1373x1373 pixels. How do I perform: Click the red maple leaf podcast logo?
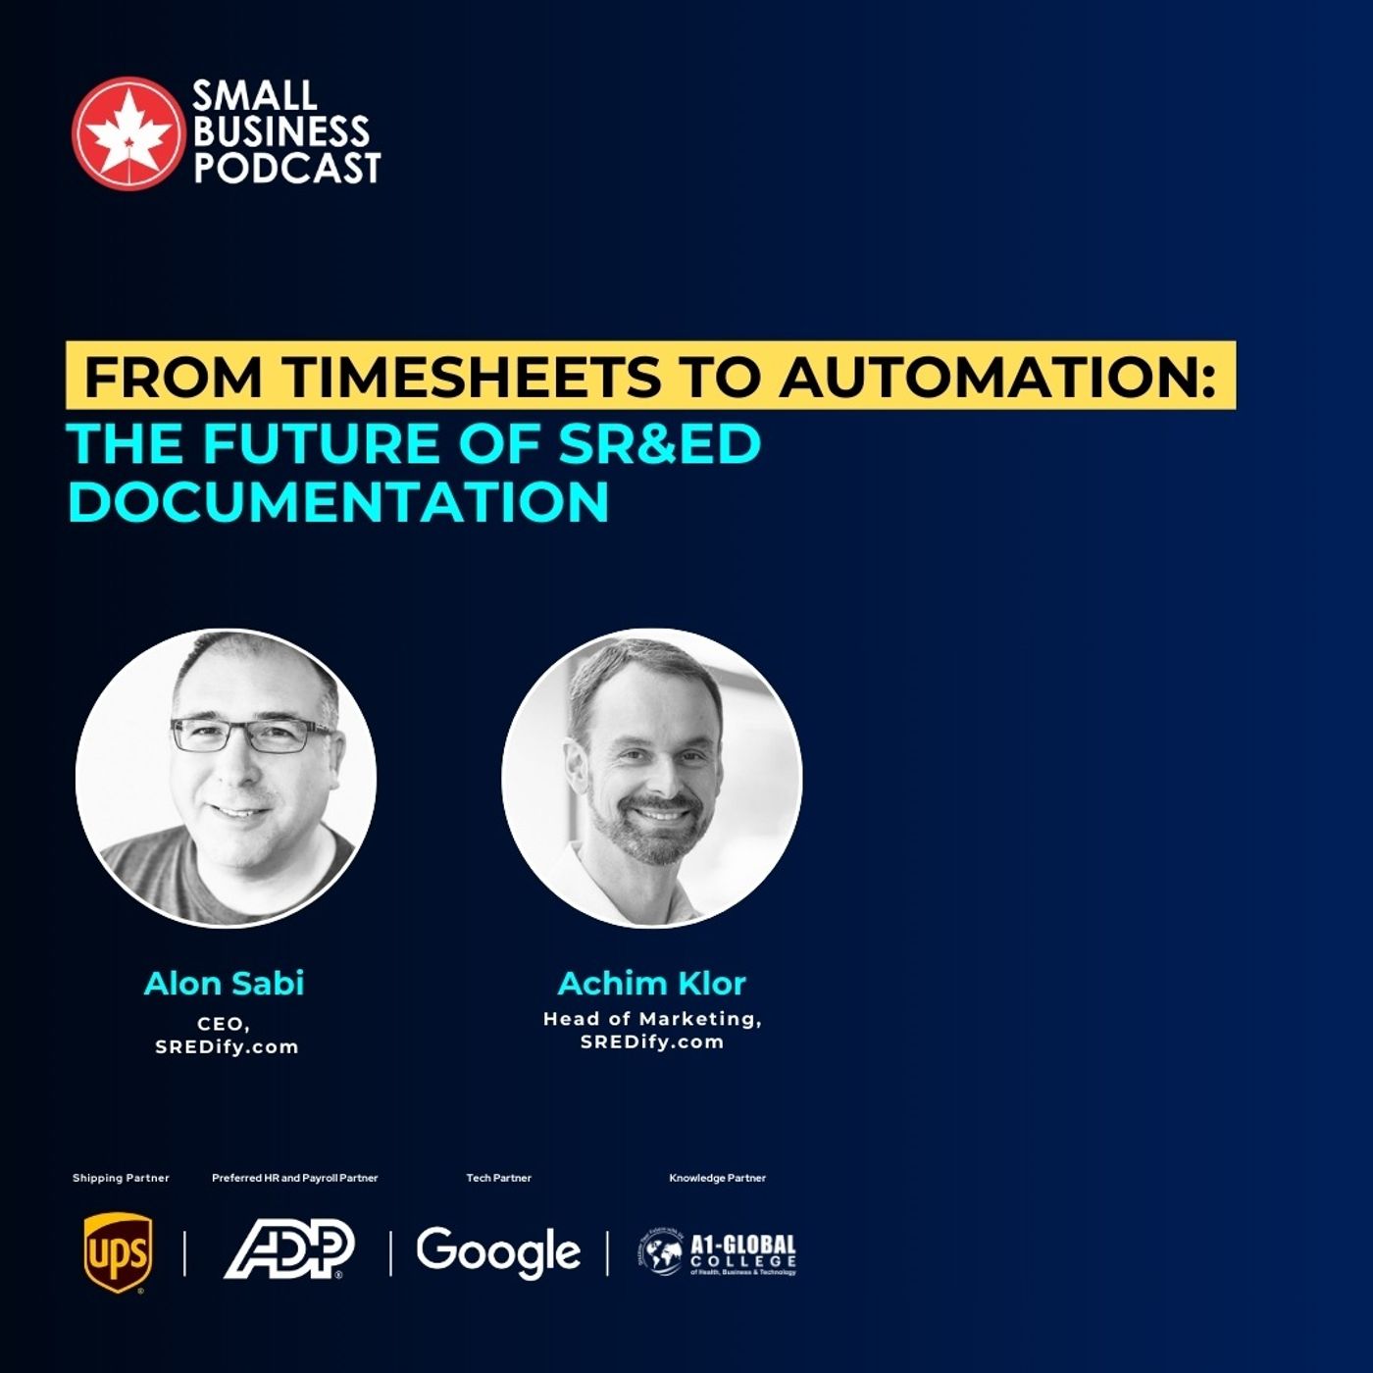click(x=127, y=132)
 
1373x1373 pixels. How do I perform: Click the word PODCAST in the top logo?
click(x=286, y=168)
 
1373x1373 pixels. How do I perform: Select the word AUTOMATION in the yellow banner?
click(x=991, y=377)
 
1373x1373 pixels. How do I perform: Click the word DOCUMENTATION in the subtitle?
click(x=338, y=502)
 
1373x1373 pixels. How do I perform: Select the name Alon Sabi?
click(x=225, y=984)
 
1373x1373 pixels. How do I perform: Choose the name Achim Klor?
click(x=651, y=984)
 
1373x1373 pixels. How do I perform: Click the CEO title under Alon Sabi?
click(x=224, y=1024)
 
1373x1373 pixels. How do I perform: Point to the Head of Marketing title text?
click(x=652, y=1019)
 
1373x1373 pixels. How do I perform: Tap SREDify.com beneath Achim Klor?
click(x=652, y=1042)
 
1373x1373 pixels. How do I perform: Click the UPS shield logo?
click(x=118, y=1252)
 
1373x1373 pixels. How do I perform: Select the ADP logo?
click(x=288, y=1249)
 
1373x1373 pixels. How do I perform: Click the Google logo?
click(x=498, y=1252)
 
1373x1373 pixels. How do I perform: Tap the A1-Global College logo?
click(x=717, y=1252)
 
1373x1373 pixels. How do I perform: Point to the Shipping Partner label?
click(x=121, y=1178)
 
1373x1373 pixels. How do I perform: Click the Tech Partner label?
click(x=498, y=1178)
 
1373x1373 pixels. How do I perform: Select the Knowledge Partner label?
click(x=717, y=1178)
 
